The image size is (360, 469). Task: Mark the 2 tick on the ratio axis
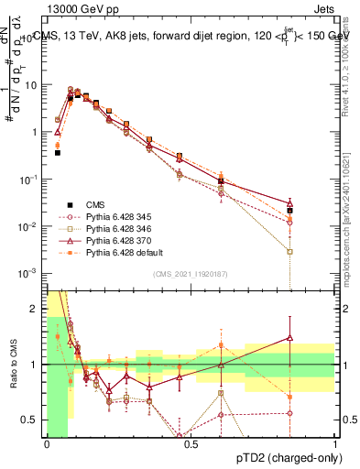(37, 309)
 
